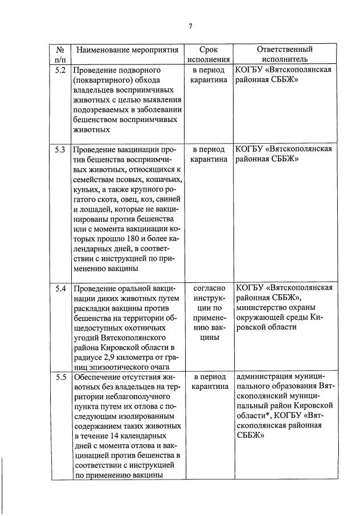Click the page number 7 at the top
[190, 26]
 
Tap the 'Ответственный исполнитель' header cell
[284, 54]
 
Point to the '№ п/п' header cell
[60, 54]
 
